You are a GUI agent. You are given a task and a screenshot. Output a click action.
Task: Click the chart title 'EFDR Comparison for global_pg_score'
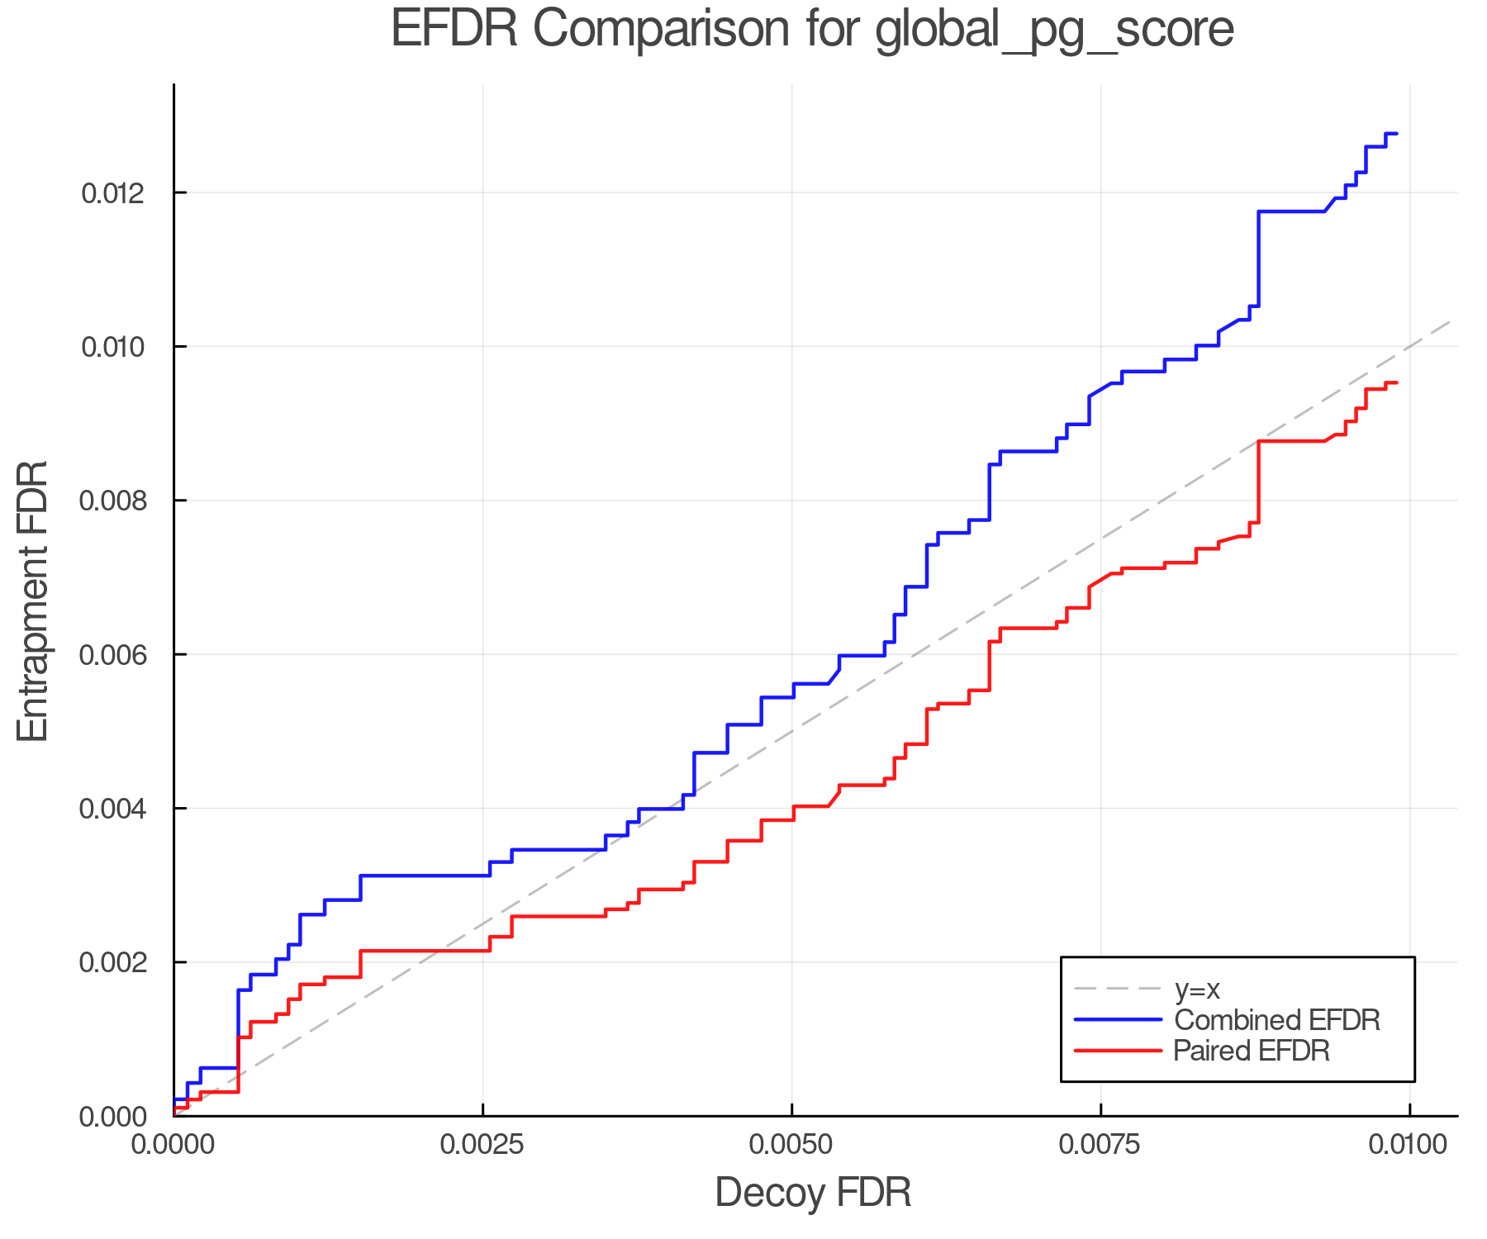tap(812, 30)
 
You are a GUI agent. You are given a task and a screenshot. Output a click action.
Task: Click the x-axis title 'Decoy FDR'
tap(813, 1193)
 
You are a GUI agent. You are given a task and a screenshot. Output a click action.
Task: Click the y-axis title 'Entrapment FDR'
tap(34, 601)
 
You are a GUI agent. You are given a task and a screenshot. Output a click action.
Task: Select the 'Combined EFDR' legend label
tap(1276, 1020)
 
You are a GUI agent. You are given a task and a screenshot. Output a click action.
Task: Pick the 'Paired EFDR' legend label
tap(1252, 1051)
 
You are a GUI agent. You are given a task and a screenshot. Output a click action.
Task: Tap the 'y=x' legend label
tap(1197, 989)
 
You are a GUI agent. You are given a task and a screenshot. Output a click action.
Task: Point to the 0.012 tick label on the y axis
tap(112, 193)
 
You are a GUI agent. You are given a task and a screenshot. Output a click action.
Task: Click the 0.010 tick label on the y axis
tap(112, 347)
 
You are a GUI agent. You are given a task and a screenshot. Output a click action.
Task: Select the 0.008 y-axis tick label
tap(112, 501)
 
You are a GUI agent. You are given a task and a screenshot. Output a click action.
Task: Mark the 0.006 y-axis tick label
tap(112, 655)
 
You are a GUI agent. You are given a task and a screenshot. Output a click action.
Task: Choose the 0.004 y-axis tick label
tap(112, 809)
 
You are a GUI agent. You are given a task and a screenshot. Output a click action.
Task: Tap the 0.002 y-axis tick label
tap(112, 962)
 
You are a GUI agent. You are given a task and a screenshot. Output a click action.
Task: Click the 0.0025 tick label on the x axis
tap(482, 1145)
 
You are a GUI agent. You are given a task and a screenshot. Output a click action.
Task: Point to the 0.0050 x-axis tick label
tap(791, 1145)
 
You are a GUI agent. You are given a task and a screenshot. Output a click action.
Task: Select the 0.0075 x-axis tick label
tap(1101, 1145)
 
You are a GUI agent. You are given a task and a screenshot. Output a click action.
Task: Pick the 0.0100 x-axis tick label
tap(1409, 1145)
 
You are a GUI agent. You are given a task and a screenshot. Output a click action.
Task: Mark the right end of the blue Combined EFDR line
tap(1396, 133)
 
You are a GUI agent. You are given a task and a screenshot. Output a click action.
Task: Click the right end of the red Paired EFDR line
tap(1396, 382)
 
